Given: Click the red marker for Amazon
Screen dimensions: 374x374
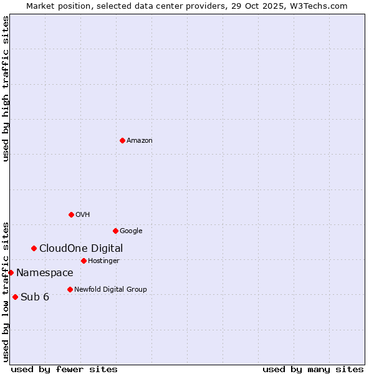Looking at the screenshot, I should click(122, 140).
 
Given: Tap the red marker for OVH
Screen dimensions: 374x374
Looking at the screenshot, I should click(71, 214).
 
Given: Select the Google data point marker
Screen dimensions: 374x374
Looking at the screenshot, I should click(115, 231).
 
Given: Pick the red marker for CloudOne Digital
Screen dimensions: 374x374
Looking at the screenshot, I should click(34, 248).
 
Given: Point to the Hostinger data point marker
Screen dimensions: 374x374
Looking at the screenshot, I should click(84, 261).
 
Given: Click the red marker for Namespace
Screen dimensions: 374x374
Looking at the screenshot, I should click(11, 272).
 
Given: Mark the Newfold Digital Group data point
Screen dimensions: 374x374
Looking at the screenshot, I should click(70, 289).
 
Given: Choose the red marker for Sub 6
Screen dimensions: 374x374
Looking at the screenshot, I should click(15, 297).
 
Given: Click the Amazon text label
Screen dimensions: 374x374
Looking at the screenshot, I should click(140, 141).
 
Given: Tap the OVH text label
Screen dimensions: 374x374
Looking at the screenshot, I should click(83, 215).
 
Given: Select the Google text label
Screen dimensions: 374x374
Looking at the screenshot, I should click(131, 231).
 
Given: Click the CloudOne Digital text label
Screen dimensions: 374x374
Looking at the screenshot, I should click(81, 249).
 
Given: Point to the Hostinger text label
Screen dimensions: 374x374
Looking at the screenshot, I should click(103, 261).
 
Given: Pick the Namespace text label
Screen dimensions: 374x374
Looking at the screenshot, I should click(45, 273).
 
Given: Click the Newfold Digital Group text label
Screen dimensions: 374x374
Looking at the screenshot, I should click(110, 290).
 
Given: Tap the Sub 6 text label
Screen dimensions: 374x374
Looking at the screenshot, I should click(35, 297).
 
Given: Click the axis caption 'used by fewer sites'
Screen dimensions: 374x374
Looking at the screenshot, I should click(64, 369).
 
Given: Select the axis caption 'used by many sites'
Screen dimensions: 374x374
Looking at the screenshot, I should click(313, 369).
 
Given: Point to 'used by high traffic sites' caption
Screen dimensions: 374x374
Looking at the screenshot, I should click(6, 89).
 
